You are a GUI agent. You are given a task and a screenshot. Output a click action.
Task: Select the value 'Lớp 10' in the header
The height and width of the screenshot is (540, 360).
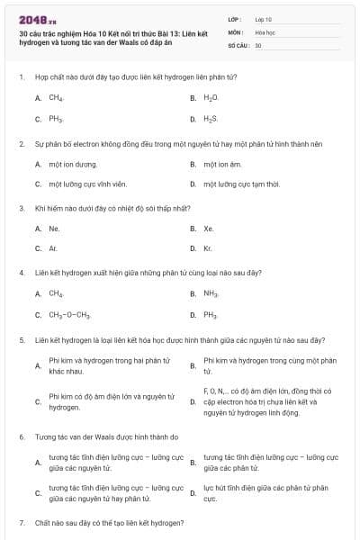[263, 18]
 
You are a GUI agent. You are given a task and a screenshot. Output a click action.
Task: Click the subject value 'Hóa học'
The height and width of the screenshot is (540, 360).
[264, 31]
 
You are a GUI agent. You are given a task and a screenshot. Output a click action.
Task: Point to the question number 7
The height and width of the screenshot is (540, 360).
[21, 522]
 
